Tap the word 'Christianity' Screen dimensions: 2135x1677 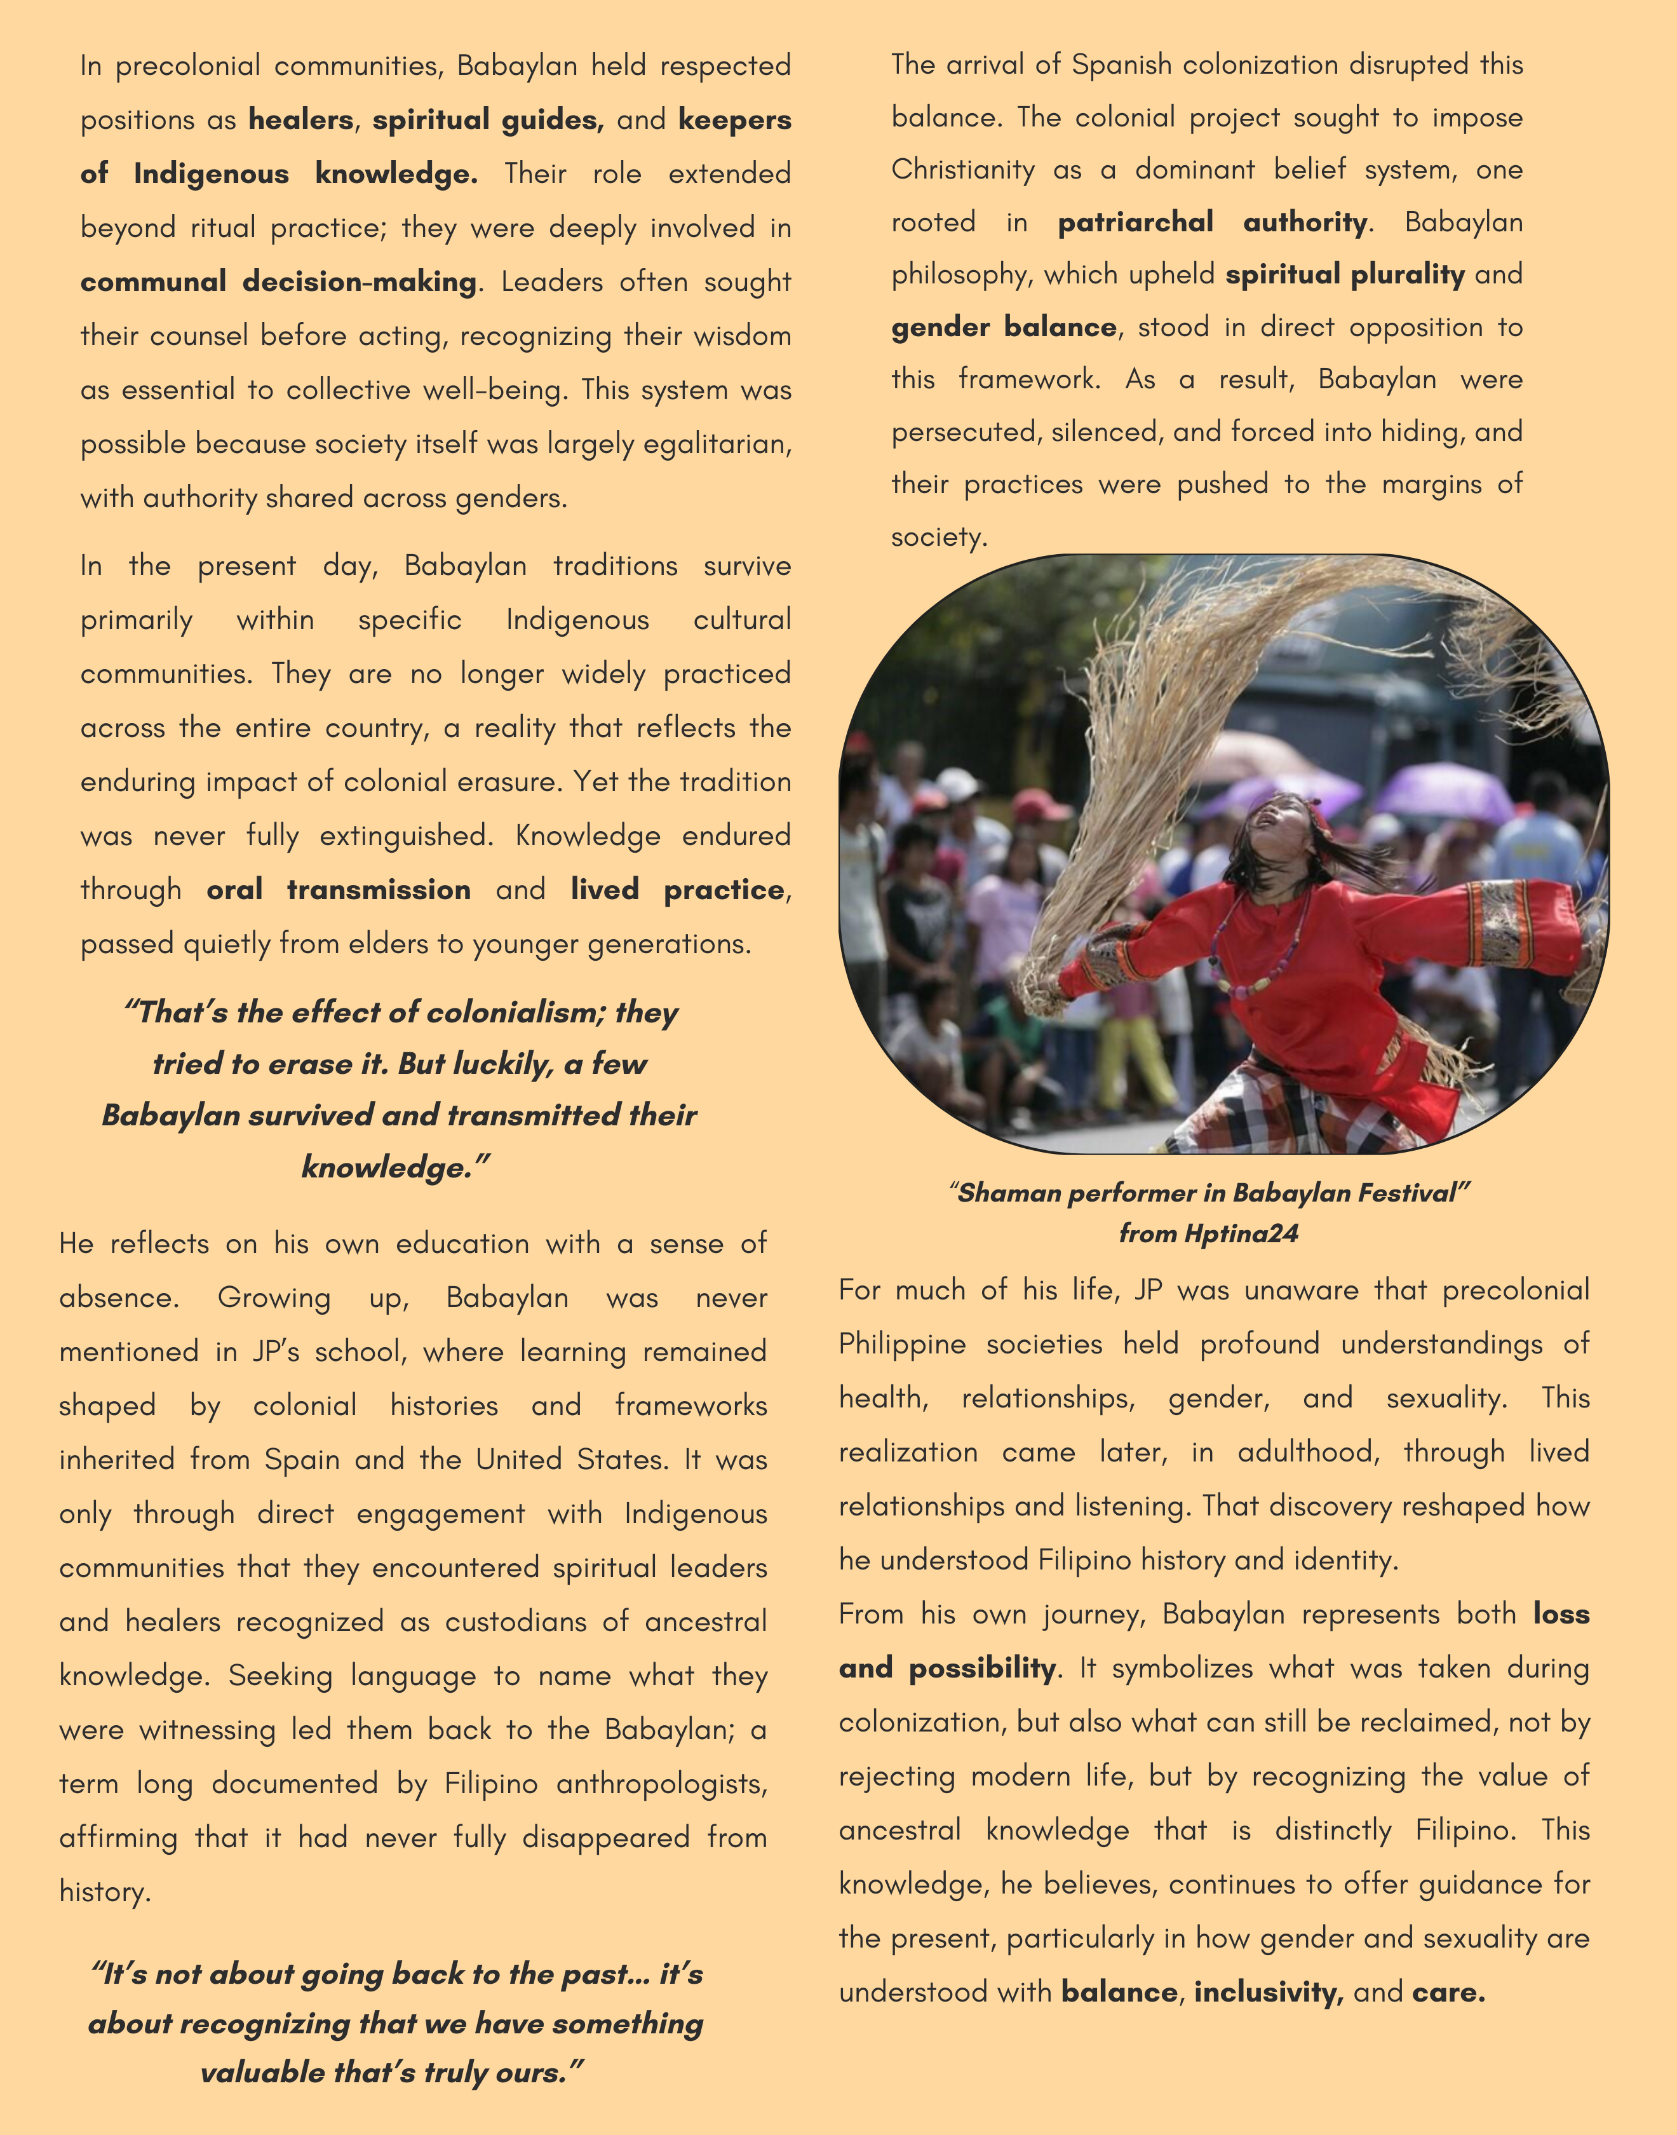point(962,170)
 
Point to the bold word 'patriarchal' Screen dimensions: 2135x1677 point(1135,222)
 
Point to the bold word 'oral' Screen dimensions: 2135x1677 point(234,890)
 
